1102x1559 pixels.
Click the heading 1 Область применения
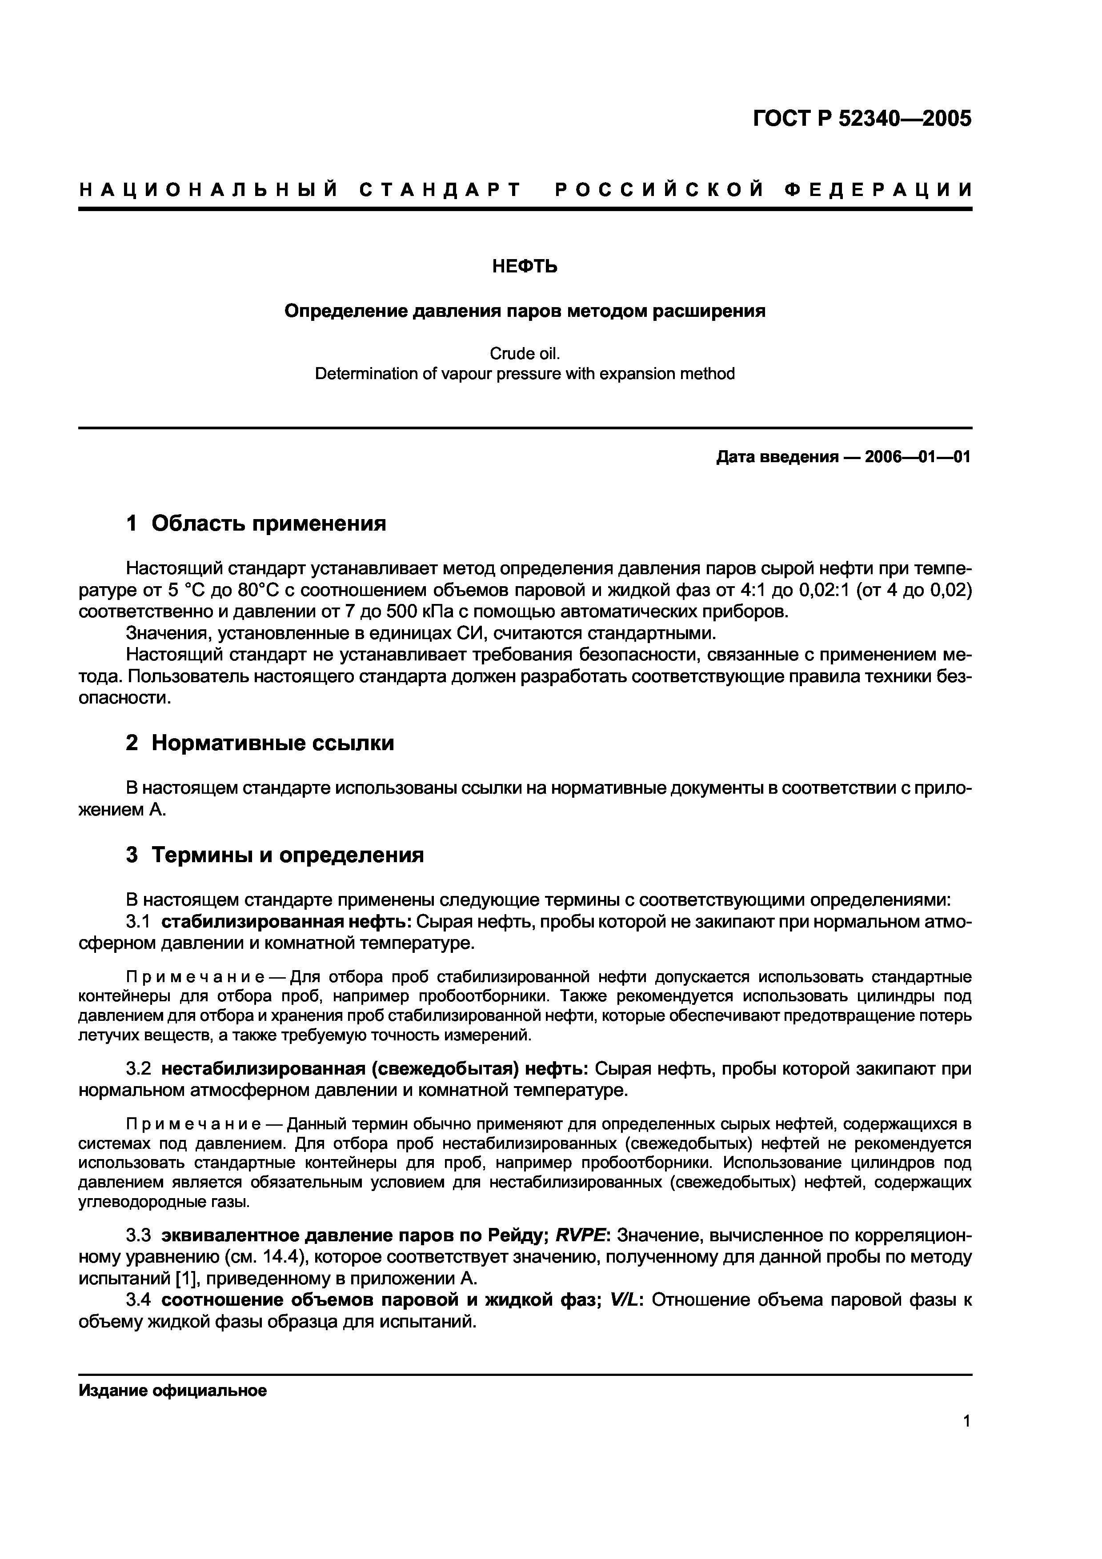pos(256,524)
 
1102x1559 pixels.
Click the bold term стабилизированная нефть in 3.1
pos(285,922)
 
